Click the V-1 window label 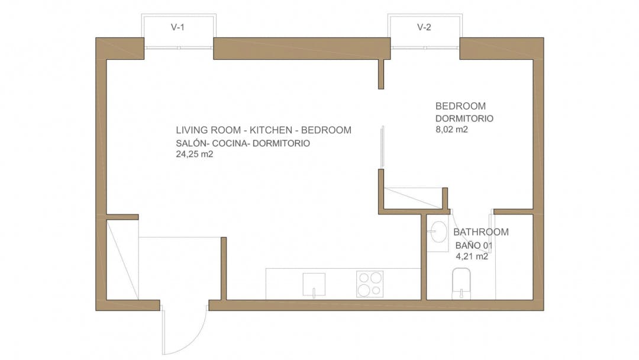point(177,27)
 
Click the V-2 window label point(424,27)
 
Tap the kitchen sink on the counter point(314,285)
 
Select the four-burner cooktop point(370,284)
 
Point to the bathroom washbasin point(438,232)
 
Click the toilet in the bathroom point(461,284)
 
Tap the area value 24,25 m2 point(195,154)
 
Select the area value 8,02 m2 point(451,130)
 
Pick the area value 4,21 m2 point(472,256)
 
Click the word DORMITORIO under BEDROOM point(464,118)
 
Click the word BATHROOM point(481,232)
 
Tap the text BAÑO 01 point(474,246)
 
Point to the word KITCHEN point(271,130)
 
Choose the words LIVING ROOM point(208,130)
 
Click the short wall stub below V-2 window point(381,74)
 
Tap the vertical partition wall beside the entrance point(224,269)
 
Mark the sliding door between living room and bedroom point(382,146)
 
